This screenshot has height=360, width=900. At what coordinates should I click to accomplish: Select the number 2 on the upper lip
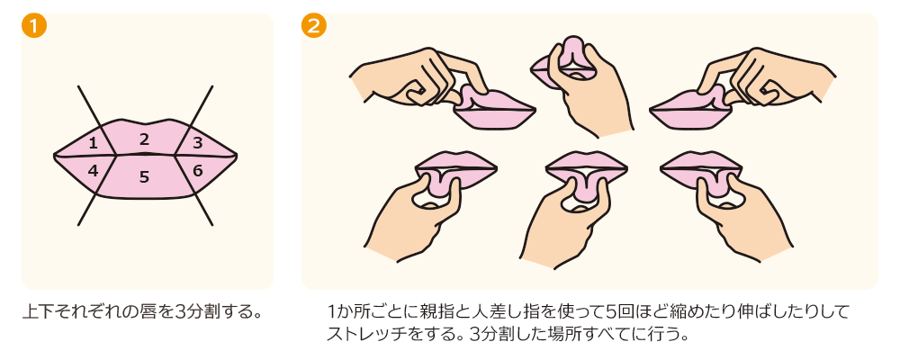pos(144,139)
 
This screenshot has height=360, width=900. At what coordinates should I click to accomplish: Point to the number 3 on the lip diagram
pos(197,142)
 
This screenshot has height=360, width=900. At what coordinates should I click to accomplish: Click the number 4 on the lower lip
pos(93,169)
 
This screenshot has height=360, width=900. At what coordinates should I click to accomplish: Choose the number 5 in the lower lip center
pos(144,176)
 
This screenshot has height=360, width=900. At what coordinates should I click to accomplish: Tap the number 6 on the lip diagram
pos(198,169)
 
